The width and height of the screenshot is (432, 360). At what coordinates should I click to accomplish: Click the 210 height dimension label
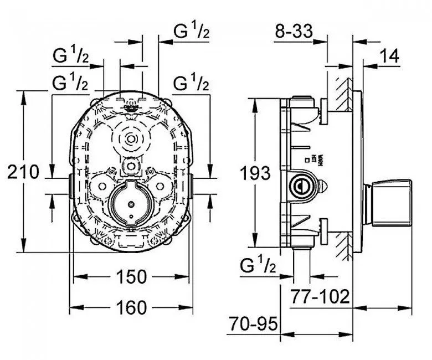24,172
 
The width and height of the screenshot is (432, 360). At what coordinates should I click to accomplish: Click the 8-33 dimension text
294,32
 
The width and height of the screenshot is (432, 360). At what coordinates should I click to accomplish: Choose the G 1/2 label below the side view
258,266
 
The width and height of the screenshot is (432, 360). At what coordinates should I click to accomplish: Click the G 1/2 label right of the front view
191,84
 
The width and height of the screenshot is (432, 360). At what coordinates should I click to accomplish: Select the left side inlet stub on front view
70,186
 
